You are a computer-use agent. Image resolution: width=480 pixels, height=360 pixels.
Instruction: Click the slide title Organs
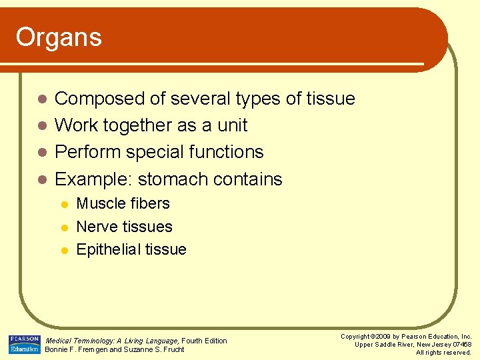pos(59,37)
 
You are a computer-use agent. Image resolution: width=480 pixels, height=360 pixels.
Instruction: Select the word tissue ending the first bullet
pos(331,99)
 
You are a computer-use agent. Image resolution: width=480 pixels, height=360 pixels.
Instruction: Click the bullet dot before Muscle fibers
pos(64,205)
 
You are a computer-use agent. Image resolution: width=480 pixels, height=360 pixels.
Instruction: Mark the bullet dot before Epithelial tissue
pos(64,250)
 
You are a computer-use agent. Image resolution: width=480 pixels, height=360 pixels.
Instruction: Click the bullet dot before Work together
pos(41,126)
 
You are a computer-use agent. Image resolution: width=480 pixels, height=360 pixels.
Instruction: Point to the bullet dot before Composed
pos(41,99)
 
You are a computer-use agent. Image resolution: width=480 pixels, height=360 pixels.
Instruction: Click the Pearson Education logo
pos(25,344)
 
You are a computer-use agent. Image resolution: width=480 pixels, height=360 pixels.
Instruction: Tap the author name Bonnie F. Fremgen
pos(75,350)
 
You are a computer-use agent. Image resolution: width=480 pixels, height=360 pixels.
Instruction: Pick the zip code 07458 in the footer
pos(461,345)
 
